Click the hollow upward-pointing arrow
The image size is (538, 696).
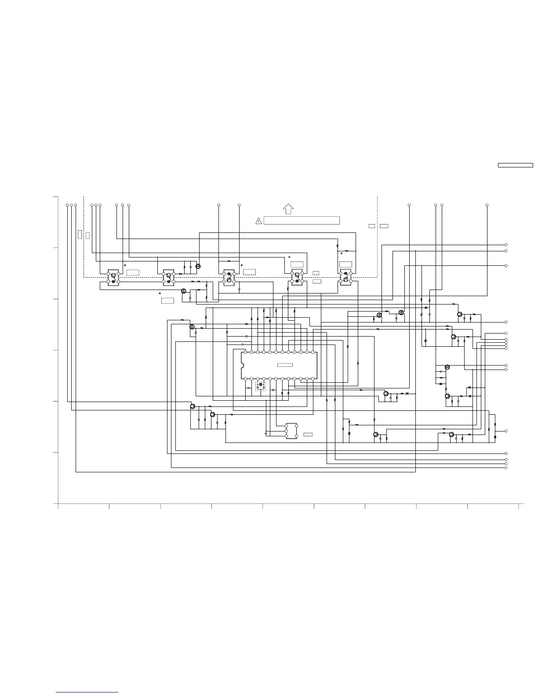[288, 209]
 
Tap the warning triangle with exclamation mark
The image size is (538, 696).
[258, 221]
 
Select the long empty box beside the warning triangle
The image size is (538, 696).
[302, 221]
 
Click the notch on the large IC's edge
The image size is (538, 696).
[242, 366]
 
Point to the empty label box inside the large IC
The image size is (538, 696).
[285, 365]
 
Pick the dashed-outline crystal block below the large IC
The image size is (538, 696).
[261, 386]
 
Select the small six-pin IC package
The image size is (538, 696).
[291, 431]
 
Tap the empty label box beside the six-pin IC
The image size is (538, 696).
[308, 434]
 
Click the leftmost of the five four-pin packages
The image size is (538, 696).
[113, 278]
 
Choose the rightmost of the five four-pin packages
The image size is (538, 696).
[345, 277]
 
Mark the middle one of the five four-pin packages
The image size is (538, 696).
[229, 277]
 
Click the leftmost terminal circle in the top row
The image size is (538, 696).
[67, 205]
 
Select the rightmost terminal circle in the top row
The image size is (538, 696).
[487, 205]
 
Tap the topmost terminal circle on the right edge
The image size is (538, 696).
[506, 245]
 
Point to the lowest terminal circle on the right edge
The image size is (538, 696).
[506, 468]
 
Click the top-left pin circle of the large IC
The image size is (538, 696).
[245, 352]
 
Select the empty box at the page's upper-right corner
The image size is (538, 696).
[515, 165]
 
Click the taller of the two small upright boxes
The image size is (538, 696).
[80, 234]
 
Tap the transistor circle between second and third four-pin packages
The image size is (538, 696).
[198, 266]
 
